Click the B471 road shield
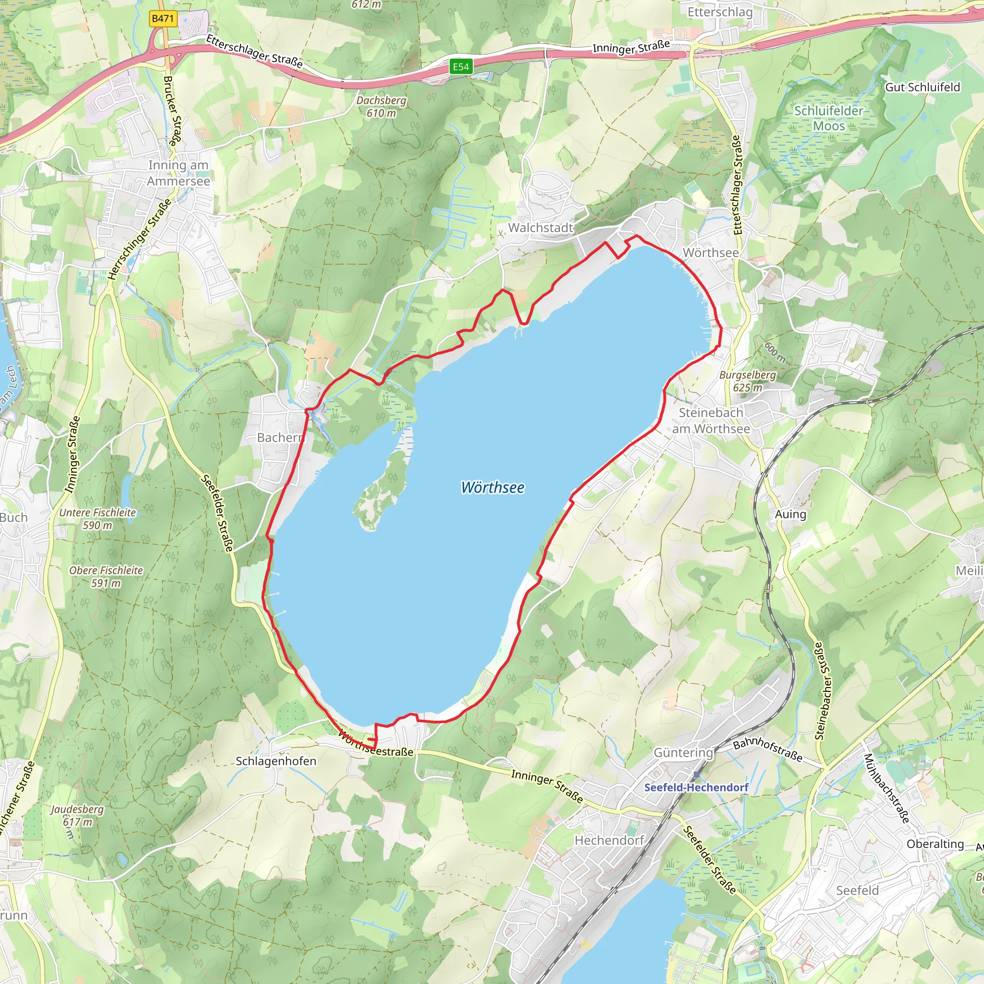click(x=163, y=19)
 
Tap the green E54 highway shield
click(x=461, y=67)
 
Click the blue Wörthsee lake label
click(x=492, y=487)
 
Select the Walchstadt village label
click(x=541, y=228)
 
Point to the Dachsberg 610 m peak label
click(x=381, y=107)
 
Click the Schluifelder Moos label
click(x=829, y=118)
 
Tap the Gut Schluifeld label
click(x=922, y=87)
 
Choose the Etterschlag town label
click(x=720, y=12)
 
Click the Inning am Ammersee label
click(x=178, y=173)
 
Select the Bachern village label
click(x=280, y=438)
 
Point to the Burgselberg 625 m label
click(x=748, y=381)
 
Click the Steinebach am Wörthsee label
click(x=711, y=421)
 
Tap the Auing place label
click(x=790, y=515)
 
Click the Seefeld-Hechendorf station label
click(x=696, y=787)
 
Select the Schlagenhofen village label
click(x=276, y=761)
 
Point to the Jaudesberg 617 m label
click(x=77, y=815)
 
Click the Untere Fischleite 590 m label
click(x=98, y=518)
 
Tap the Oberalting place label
click(x=935, y=844)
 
